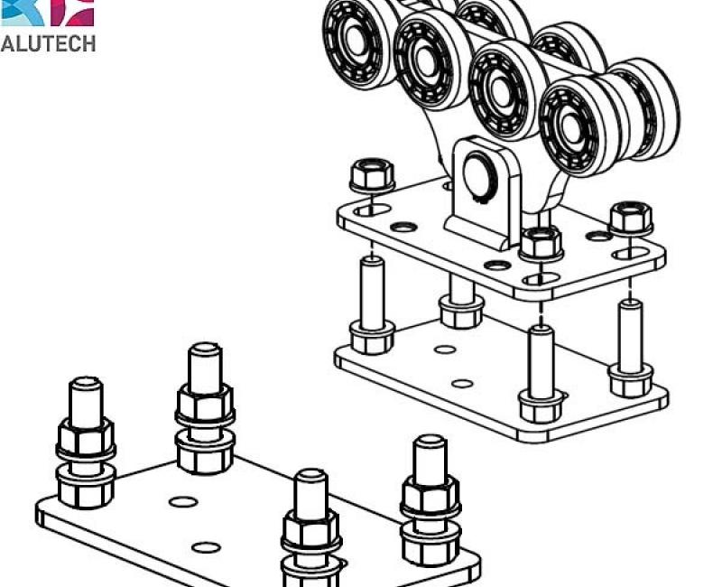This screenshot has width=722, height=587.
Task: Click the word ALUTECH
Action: point(48,43)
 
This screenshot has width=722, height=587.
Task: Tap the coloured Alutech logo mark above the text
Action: point(48,13)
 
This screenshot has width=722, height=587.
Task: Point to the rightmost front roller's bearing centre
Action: point(572,127)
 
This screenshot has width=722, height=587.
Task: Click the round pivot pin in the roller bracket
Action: point(480,176)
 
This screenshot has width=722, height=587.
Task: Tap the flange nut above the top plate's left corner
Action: point(372,175)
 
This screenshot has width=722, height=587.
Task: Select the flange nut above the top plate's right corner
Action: point(631,218)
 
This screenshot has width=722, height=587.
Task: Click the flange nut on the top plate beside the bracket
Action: point(541,243)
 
